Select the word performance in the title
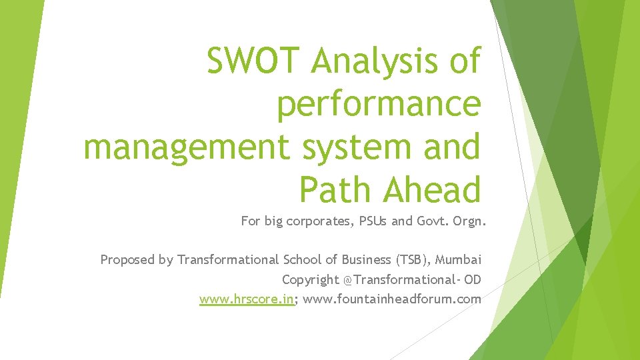[379, 105]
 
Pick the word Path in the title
[337, 189]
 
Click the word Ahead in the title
[431, 189]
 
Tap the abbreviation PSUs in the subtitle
[372, 221]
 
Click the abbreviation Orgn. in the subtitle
[469, 221]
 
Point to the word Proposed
[128, 260]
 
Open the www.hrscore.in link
[247, 299]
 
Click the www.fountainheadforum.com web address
[392, 299]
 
